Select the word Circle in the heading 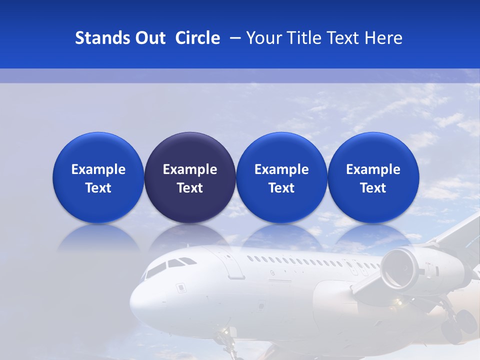point(197,38)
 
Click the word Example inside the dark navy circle point(190,169)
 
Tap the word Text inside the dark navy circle point(190,188)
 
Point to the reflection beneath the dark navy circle point(190,238)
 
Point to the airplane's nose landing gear point(227,340)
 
